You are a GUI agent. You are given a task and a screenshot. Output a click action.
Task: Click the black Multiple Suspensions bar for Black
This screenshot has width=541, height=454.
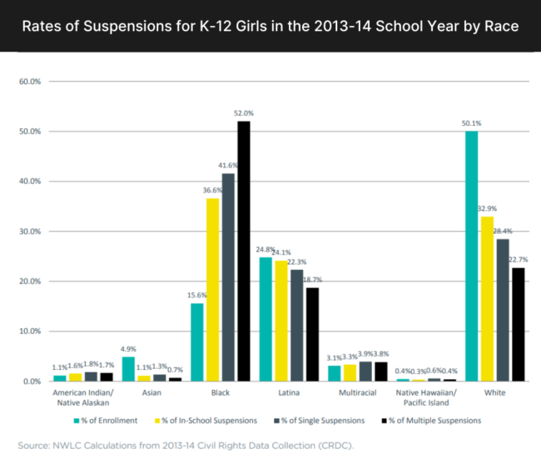coord(243,251)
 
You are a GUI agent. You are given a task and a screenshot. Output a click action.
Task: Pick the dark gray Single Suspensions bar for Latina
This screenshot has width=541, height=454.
coord(296,325)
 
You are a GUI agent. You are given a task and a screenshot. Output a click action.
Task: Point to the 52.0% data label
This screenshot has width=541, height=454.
coord(244,112)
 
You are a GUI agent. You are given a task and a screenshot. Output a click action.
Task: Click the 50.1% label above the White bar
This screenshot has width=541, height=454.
coord(471,122)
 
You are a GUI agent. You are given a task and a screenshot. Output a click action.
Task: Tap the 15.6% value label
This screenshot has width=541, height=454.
coord(197,295)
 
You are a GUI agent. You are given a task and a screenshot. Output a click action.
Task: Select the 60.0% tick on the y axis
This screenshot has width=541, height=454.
coord(30,82)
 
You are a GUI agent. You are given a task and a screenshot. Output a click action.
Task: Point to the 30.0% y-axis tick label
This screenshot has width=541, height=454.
coord(30,232)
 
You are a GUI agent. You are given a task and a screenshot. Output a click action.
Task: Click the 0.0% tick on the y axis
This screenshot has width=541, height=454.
coord(32,382)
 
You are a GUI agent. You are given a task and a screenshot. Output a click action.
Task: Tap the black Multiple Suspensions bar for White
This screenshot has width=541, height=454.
coord(518,324)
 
